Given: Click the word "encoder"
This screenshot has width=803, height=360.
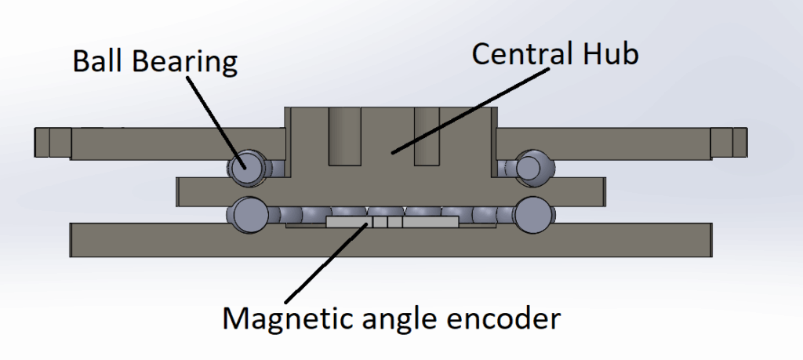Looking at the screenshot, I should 511,319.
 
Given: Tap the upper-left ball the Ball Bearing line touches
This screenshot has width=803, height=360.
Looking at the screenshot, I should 242,166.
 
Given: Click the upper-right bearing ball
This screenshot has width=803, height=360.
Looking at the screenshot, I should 529,166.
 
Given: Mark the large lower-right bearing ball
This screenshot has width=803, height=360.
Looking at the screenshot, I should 532,213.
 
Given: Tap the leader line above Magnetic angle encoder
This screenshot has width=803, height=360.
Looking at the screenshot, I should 325,262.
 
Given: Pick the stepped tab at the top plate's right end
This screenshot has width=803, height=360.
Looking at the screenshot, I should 729,141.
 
